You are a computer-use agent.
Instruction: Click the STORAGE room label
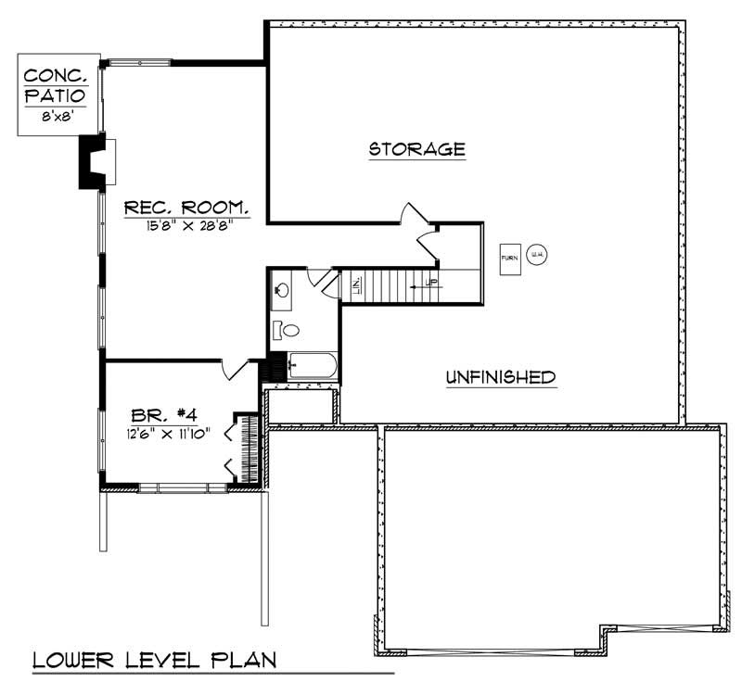tap(416, 148)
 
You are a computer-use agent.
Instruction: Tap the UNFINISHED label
tap(500, 377)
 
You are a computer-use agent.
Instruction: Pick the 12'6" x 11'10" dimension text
tap(169, 433)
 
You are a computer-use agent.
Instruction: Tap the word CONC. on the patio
tap(58, 75)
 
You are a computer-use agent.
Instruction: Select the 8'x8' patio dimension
tap(58, 116)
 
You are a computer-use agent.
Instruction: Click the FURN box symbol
tap(509, 258)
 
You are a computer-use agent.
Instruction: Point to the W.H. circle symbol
tap(536, 256)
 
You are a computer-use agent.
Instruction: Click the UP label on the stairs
tap(430, 282)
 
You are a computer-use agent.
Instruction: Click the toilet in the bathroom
tap(288, 329)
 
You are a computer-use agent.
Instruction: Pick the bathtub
tap(313, 367)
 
